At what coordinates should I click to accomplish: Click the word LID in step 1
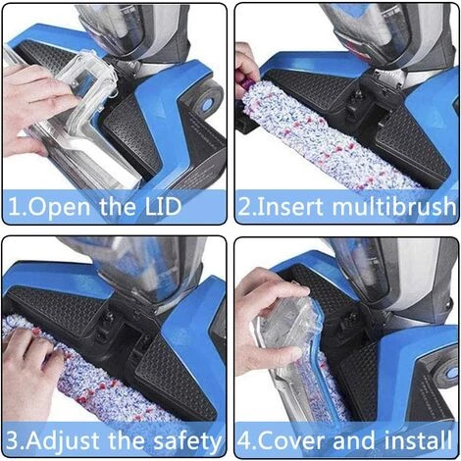click(x=163, y=207)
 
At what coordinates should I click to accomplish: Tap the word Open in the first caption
click(x=60, y=208)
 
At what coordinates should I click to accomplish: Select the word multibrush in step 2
click(x=394, y=207)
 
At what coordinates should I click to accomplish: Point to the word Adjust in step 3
click(x=63, y=441)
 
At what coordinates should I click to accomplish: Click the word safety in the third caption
click(x=187, y=441)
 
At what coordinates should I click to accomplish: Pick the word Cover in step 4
click(x=292, y=440)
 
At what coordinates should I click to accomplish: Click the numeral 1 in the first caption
click(x=14, y=207)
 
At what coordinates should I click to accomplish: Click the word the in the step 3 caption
click(x=127, y=439)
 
